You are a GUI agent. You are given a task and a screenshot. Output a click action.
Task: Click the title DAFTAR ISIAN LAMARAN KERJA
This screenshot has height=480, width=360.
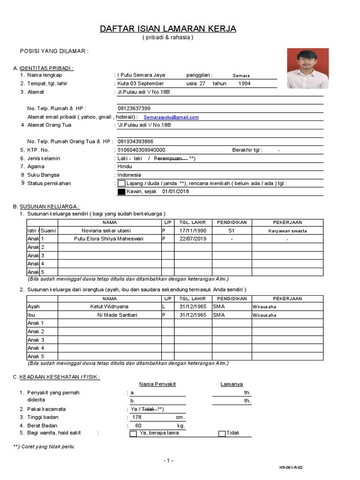(x=168, y=29)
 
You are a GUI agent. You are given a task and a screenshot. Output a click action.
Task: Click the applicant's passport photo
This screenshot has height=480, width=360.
(x=308, y=69)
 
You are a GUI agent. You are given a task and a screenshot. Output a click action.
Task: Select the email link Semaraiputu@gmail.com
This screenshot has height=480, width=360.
(x=171, y=117)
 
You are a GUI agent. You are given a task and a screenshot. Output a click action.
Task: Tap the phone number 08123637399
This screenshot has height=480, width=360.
(x=134, y=108)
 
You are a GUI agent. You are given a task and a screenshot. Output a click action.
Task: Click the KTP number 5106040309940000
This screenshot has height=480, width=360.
(x=141, y=150)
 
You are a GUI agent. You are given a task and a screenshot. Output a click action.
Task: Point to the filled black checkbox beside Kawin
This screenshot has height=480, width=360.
(x=121, y=192)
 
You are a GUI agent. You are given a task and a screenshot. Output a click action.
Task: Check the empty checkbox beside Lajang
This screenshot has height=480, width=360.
(x=121, y=183)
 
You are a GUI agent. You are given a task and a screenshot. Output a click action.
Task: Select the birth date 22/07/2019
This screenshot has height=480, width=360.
(x=193, y=239)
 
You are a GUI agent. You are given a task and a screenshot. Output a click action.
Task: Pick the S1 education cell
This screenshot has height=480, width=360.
(x=231, y=231)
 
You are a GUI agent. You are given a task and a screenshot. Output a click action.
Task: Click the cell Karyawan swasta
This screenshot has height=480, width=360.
(x=287, y=231)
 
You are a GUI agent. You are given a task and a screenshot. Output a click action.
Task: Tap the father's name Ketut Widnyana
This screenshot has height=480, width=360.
(x=109, y=307)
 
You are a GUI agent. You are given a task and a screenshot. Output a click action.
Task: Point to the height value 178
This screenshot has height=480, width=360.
(x=136, y=417)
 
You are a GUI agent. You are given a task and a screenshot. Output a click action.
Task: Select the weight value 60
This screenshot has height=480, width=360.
(x=138, y=426)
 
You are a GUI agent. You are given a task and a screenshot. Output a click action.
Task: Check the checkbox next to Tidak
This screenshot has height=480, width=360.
(x=222, y=434)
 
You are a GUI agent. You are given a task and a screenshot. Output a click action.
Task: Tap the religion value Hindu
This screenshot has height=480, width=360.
(x=125, y=166)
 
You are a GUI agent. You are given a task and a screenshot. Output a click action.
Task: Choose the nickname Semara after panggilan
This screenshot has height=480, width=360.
(x=241, y=75)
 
